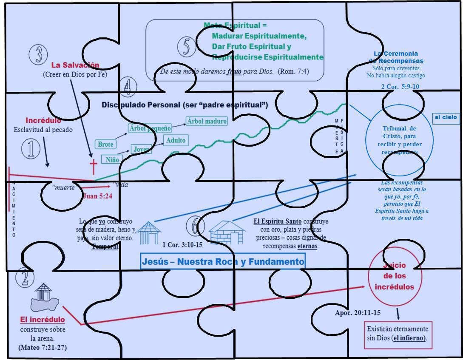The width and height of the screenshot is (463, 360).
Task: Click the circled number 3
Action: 38,54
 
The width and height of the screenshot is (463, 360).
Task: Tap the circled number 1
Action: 31,149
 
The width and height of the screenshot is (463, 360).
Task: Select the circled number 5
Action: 187,46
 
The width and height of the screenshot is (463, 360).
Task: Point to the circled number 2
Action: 25,278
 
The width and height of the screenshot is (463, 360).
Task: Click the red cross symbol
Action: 93,167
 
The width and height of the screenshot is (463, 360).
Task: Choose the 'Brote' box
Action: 105,144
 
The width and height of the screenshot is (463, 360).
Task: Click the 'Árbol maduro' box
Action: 207,121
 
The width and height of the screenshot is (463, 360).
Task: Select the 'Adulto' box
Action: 176,140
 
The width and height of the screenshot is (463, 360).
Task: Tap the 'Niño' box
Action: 112,159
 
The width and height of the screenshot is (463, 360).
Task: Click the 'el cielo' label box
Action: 445,117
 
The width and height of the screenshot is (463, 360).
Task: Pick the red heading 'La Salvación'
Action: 75,65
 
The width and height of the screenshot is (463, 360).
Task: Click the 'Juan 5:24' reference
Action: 97,196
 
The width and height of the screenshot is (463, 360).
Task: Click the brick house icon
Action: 227,232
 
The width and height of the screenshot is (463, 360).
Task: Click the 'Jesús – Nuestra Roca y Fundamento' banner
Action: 223,261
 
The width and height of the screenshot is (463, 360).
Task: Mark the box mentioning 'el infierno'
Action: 397,333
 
